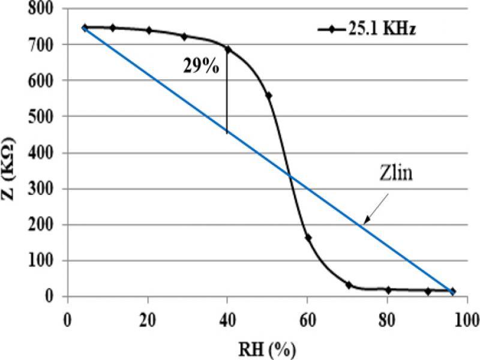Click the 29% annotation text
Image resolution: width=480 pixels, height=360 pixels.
click(x=201, y=66)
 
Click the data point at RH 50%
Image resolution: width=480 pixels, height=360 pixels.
click(x=268, y=96)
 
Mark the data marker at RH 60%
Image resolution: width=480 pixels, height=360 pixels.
click(x=308, y=238)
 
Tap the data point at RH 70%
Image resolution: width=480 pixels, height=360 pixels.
click(x=349, y=285)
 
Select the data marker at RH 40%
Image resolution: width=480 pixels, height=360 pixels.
click(x=227, y=49)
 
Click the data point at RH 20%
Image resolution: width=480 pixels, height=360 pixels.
click(x=149, y=30)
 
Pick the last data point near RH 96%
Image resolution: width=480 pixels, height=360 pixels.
click(x=452, y=291)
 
